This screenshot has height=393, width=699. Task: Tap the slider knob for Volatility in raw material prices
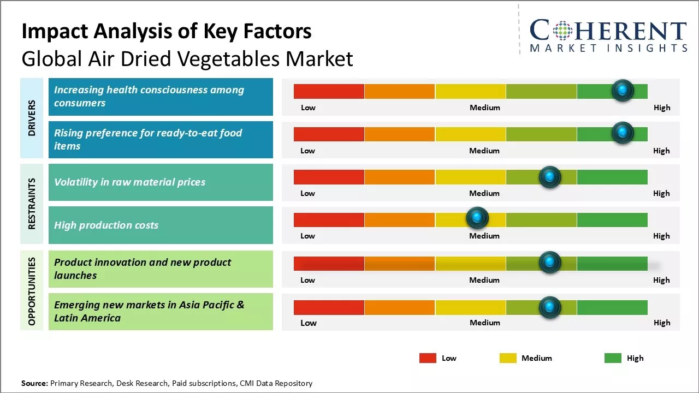pyautogui.click(x=549, y=177)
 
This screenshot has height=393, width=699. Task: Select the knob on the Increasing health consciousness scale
pyautogui.click(x=622, y=90)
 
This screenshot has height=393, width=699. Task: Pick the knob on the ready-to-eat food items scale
pyautogui.click(x=622, y=133)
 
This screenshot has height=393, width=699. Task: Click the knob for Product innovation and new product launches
pyautogui.click(x=549, y=263)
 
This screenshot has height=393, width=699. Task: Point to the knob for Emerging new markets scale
pyautogui.click(x=549, y=307)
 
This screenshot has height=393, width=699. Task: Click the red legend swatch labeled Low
pyautogui.click(x=428, y=358)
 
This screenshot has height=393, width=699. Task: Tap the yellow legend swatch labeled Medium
pyautogui.click(x=508, y=358)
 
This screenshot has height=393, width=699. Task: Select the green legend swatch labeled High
pyautogui.click(x=613, y=358)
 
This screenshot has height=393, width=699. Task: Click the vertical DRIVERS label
pyautogui.click(x=32, y=118)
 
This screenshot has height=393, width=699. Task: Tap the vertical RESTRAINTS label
pyautogui.click(x=32, y=204)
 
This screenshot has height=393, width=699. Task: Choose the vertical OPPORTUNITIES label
pyautogui.click(x=32, y=291)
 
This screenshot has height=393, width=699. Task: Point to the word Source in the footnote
pyautogui.click(x=34, y=383)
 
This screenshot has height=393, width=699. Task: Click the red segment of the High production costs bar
pyautogui.click(x=329, y=219)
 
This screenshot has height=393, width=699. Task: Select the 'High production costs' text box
pyautogui.click(x=161, y=225)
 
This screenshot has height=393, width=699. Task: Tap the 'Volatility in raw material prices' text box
pyautogui.click(x=161, y=182)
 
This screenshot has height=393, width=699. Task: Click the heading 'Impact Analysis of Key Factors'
pyautogui.click(x=167, y=32)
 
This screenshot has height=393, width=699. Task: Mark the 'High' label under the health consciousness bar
pyautogui.click(x=662, y=108)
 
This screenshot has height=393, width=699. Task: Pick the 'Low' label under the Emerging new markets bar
pyautogui.click(x=309, y=323)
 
